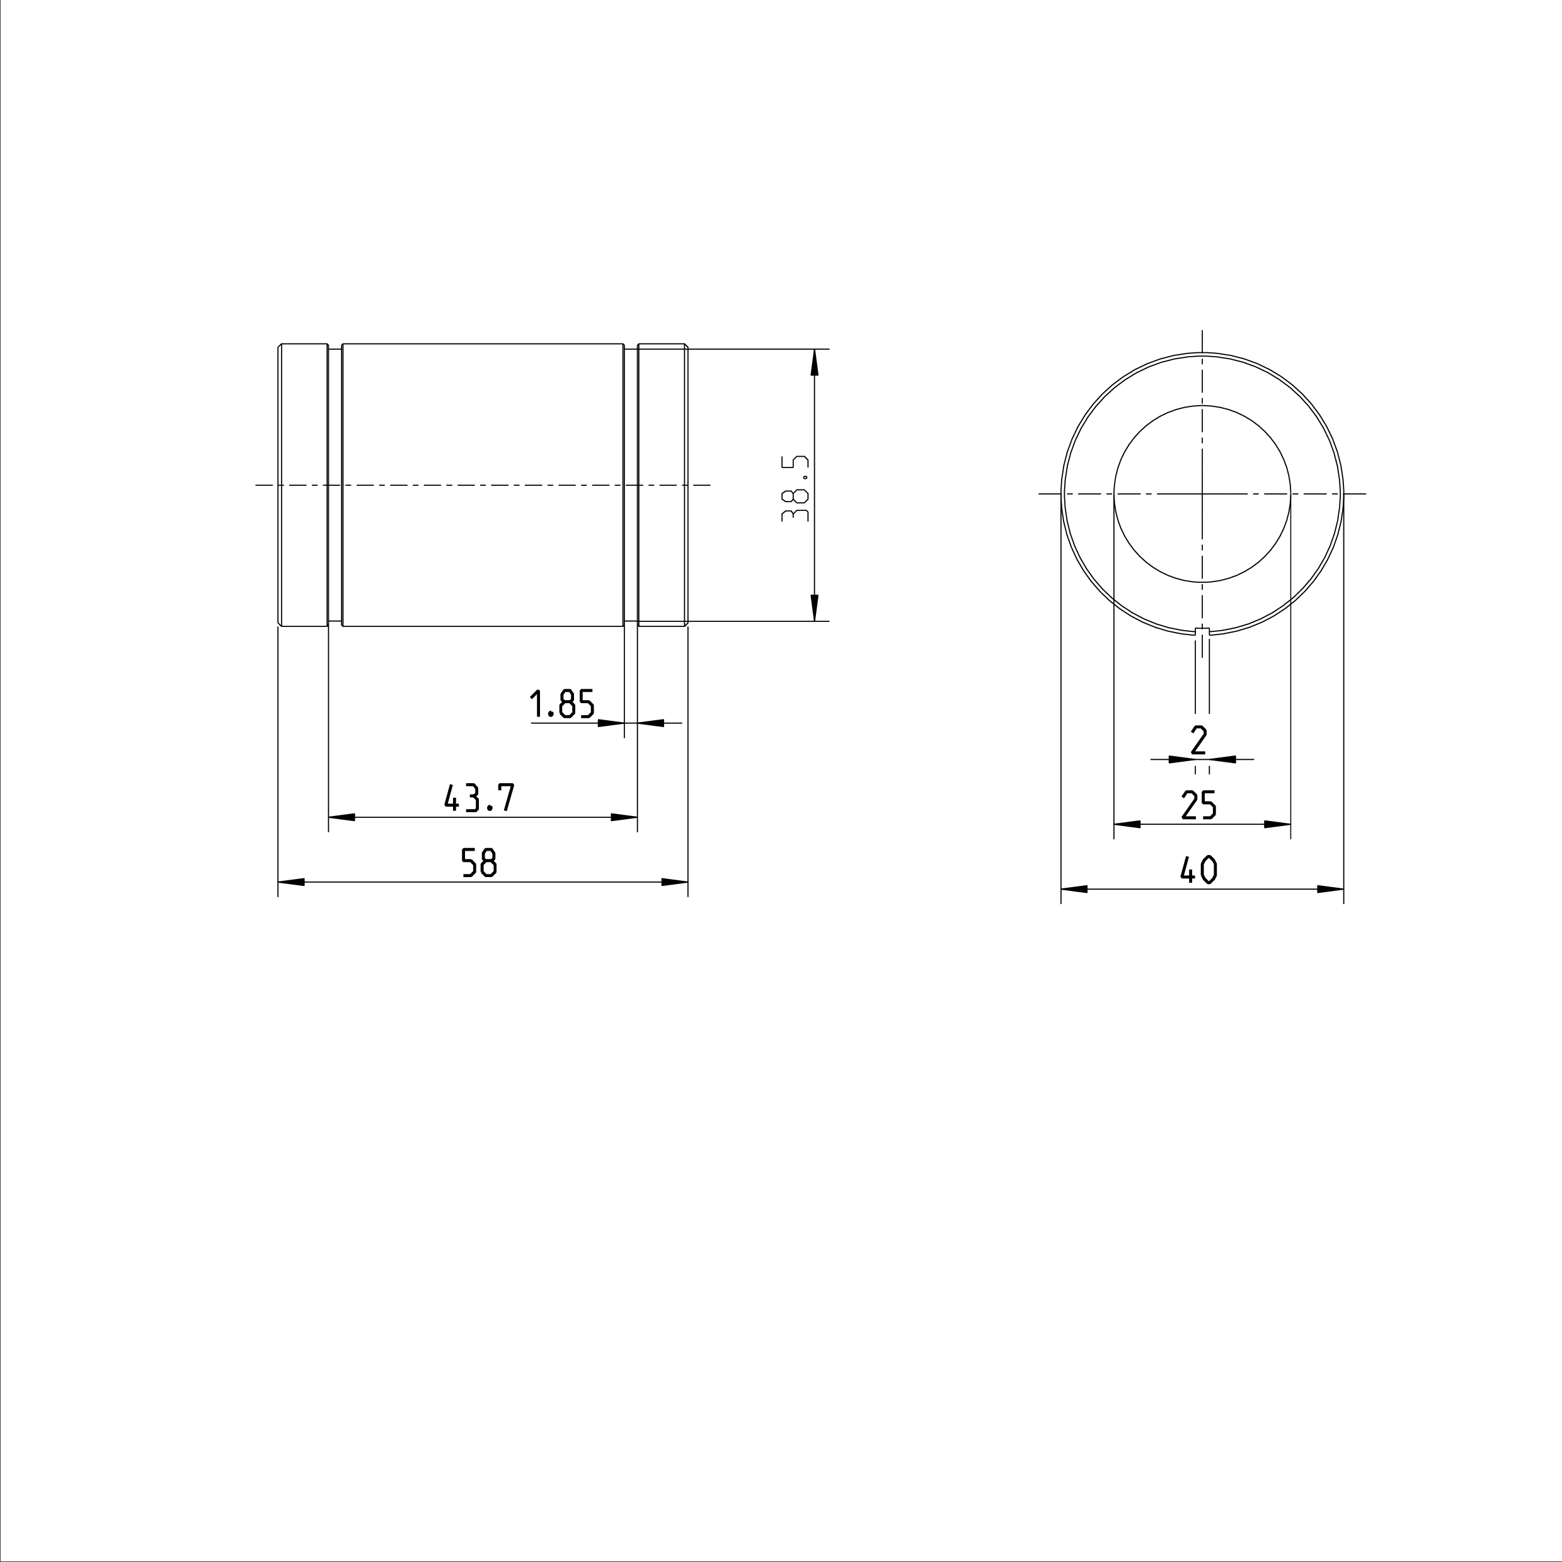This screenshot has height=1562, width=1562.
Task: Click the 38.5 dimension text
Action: pyautogui.click(x=796, y=488)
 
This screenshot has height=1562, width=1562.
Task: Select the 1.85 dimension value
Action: pyautogui.click(x=563, y=704)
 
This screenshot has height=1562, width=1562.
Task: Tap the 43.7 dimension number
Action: pyautogui.click(x=480, y=798)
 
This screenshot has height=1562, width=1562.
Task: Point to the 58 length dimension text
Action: pyautogui.click(x=479, y=863)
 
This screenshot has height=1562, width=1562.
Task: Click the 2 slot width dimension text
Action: pyautogui.click(x=1199, y=740)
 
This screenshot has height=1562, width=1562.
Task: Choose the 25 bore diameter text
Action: pyautogui.click(x=1199, y=805)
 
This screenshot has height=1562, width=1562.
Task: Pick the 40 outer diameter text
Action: pyautogui.click(x=1199, y=870)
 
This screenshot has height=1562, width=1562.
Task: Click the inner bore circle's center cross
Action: pyautogui.click(x=1202, y=493)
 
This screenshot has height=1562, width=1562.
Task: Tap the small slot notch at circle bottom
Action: pyautogui.click(x=1202, y=631)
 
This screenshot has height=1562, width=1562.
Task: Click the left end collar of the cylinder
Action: pyautogui.click(x=303, y=485)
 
